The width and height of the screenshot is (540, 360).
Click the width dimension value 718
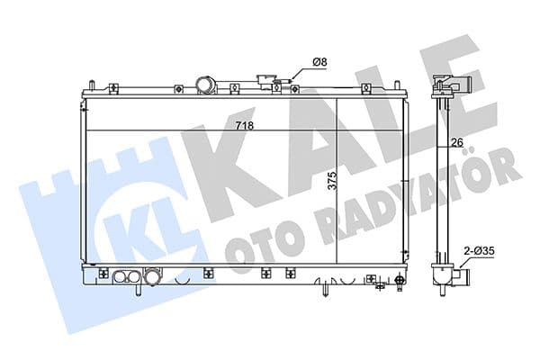click(243, 126)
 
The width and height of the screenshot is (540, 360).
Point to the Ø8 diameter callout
click(319, 61)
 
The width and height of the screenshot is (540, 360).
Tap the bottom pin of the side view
click(445, 297)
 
